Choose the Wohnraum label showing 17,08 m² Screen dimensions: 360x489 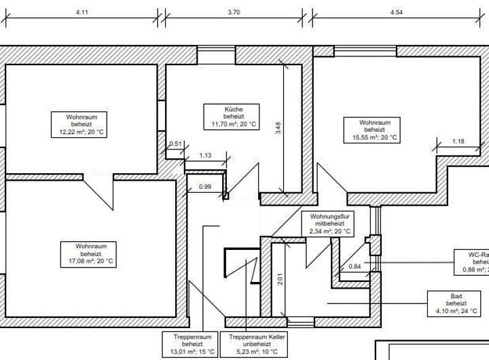(x=86, y=253)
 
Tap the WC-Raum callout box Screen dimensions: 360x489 (x=473, y=261)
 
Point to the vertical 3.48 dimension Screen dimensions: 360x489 (x=278, y=128)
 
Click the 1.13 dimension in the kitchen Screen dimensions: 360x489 (x=205, y=156)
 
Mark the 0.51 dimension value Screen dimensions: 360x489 (x=175, y=143)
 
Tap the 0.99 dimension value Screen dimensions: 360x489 (x=204, y=187)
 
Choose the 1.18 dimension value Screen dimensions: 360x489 (x=458, y=141)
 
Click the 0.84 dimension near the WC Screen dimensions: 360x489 (x=355, y=266)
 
